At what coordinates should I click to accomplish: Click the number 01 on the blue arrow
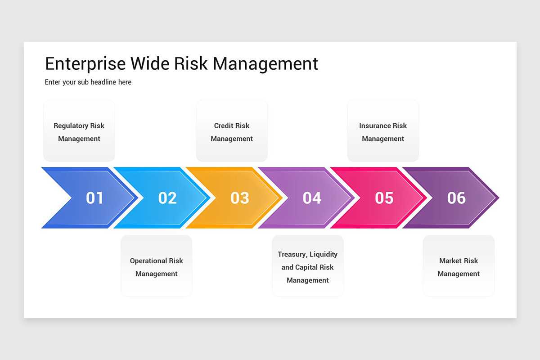tap(94, 198)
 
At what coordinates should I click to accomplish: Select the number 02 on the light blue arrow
tap(167, 198)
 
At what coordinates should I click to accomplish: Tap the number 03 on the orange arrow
tap(239, 198)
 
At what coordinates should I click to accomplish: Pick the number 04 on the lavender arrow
tap(312, 198)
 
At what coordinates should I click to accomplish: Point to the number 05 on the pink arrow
tap(384, 198)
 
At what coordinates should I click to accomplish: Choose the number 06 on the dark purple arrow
tap(456, 198)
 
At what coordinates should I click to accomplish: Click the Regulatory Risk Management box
tap(79, 131)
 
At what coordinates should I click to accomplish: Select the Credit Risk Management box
tap(232, 131)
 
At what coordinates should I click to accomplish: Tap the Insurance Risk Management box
tap(383, 131)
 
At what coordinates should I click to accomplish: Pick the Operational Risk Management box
tap(157, 266)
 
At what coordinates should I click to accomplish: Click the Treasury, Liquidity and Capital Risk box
tap(308, 266)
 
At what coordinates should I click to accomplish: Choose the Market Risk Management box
tap(459, 266)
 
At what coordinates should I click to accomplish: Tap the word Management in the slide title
tap(265, 64)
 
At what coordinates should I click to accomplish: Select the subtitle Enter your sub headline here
tap(88, 82)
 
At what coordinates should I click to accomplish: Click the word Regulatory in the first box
tap(71, 126)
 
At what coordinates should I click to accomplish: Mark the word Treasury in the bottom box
tap(292, 255)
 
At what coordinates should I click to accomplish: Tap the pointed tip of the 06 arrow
tap(497, 198)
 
